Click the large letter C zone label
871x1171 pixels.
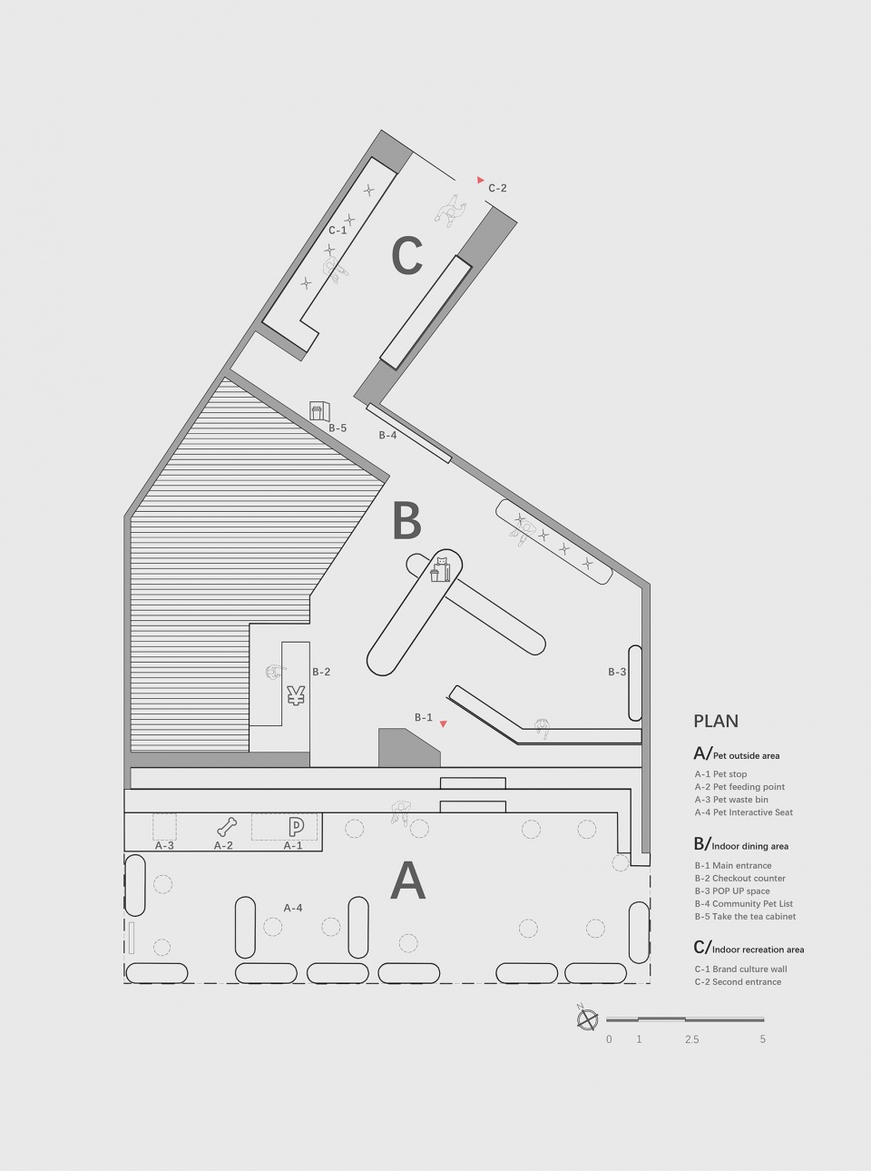click(407, 255)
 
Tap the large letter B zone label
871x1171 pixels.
click(407, 520)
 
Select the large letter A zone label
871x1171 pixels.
click(407, 881)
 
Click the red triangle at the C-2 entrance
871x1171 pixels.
click(480, 180)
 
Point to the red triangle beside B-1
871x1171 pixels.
click(444, 723)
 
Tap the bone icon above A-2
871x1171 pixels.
click(227, 827)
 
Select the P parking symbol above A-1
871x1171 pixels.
click(297, 826)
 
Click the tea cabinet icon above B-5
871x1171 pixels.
click(320, 409)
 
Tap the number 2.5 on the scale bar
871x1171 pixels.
click(692, 1039)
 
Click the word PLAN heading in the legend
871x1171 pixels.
click(716, 721)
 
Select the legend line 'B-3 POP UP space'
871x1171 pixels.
click(732, 891)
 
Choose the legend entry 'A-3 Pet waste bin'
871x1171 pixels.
click(731, 800)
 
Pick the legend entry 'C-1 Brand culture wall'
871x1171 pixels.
click(740, 969)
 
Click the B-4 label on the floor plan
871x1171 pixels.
click(387, 435)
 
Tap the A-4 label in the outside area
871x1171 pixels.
click(293, 908)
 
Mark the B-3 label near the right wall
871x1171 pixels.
click(617, 672)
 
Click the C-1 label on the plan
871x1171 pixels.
click(338, 231)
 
